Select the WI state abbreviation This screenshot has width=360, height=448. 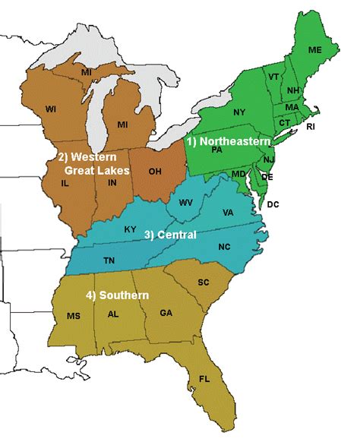(51, 109)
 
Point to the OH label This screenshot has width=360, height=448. (155, 172)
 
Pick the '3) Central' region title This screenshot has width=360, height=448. (170, 235)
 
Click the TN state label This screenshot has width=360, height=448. (109, 260)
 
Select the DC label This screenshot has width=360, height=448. (273, 204)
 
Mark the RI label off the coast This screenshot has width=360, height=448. (310, 127)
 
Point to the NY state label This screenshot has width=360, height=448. (239, 112)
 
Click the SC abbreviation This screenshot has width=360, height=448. (204, 282)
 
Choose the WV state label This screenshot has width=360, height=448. (185, 203)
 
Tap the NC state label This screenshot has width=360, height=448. (224, 247)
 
